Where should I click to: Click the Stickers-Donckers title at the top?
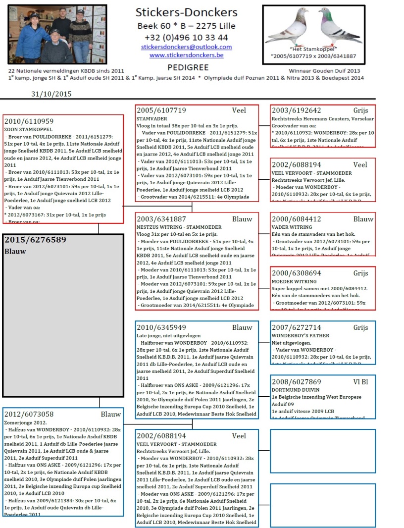[x=186, y=13]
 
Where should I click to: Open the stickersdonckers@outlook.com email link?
[x=186, y=47]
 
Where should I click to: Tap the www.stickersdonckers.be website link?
[x=186, y=55]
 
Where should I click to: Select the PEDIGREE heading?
[x=188, y=67]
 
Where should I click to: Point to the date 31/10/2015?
[x=51, y=94]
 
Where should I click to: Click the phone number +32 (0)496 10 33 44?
[x=186, y=37]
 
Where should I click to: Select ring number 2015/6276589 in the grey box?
[x=35, y=240]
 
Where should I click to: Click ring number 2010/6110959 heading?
[x=29, y=121]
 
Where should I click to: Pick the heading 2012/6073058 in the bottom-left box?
[x=29, y=414]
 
